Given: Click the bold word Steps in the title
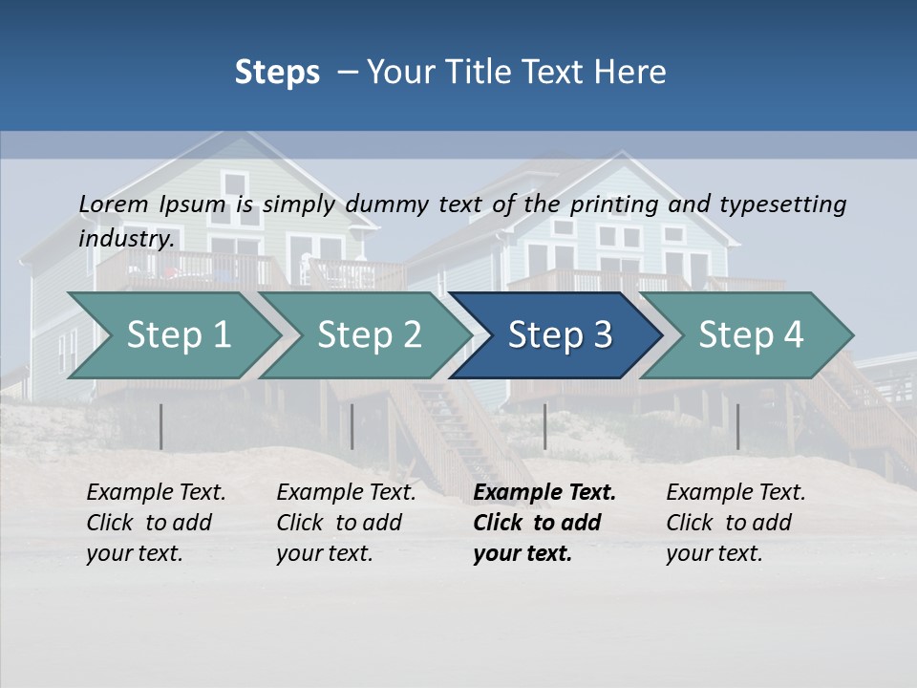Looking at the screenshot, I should (277, 73).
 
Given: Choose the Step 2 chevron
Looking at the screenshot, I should (368, 335).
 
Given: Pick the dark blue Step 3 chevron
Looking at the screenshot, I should (559, 335).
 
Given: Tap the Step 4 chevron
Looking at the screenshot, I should (750, 335).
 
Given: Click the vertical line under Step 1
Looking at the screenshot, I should (161, 426).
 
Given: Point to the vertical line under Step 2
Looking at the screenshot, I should (352, 426).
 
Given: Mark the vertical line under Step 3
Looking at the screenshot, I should (545, 426).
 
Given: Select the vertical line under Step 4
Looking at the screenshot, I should (737, 426).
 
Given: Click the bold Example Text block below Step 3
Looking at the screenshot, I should (544, 523).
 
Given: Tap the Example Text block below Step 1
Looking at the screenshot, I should (156, 523).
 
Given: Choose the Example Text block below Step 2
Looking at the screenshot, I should (346, 523).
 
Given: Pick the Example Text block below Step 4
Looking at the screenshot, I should (736, 523).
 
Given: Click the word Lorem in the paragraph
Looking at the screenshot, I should (114, 204).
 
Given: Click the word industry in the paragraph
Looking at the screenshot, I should (125, 238).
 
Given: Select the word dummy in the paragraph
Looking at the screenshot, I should (388, 204).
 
